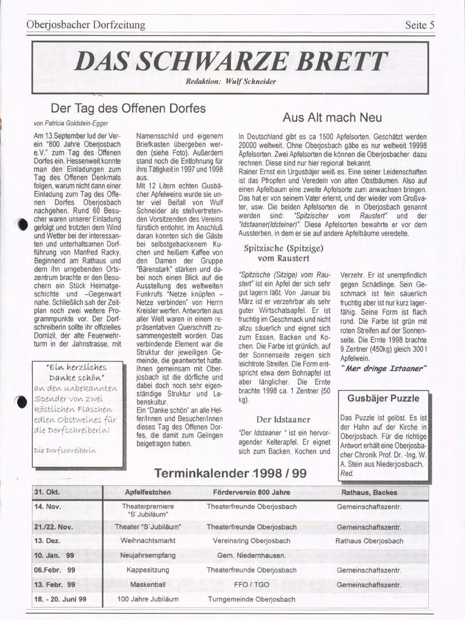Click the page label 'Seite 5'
(x=423, y=25)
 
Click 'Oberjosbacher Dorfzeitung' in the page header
(x=86, y=25)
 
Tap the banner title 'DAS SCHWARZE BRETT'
(x=231, y=61)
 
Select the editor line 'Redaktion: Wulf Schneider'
(x=231, y=82)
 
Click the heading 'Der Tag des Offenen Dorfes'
(x=128, y=108)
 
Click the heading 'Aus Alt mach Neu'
(x=332, y=118)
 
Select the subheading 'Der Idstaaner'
(x=283, y=420)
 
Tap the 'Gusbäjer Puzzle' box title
(x=383, y=398)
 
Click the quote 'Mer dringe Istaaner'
(x=384, y=368)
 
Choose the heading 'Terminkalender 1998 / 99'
(x=230, y=474)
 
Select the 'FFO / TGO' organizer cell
(x=251, y=584)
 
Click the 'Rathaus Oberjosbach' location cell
(x=369, y=541)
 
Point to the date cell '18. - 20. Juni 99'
(x=60, y=599)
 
